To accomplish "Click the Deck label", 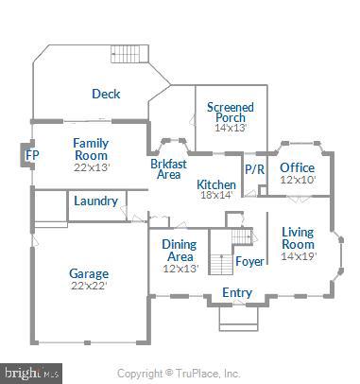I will pyautogui.click(x=105, y=94).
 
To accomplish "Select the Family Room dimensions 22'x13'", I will pyautogui.click(x=92, y=167).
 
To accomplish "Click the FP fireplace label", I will pyautogui.click(x=31, y=154).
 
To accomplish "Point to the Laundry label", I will pyautogui.click(x=95, y=201).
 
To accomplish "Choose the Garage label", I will pyautogui.click(x=89, y=274).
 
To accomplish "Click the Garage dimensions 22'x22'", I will pyautogui.click(x=89, y=288).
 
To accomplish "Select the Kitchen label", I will pyautogui.click(x=216, y=183).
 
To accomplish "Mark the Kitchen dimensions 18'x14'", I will pyautogui.click(x=216, y=196).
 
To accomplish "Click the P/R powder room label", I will pyautogui.click(x=254, y=169).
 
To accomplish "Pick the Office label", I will pyautogui.click(x=297, y=168).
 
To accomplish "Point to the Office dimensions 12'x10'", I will pyautogui.click(x=297, y=181).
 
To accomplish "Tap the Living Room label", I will pyautogui.click(x=299, y=237).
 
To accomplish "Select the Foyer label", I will pyautogui.click(x=250, y=262).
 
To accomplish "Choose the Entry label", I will pyautogui.click(x=236, y=293).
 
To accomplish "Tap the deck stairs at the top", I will pyautogui.click(x=124, y=53).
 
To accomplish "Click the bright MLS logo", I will pyautogui.click(x=29, y=373).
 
